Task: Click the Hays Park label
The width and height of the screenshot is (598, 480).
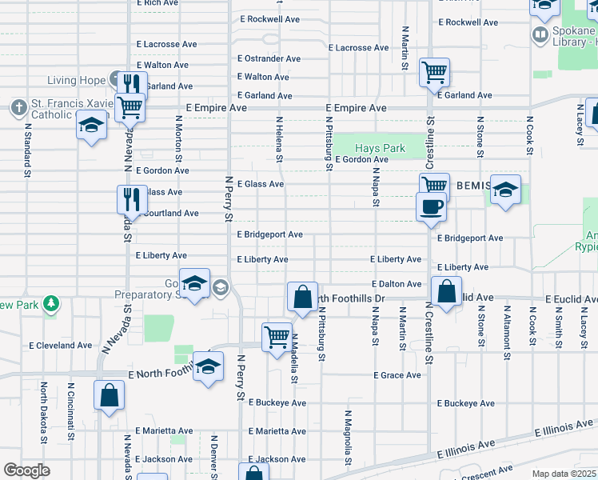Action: [x=380, y=148]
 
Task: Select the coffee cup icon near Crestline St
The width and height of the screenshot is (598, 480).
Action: [x=431, y=206]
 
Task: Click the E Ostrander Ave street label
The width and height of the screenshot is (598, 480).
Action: [x=269, y=58]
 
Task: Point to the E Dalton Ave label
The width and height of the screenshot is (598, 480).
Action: [x=397, y=284]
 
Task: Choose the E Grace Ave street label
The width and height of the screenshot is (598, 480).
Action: [x=397, y=375]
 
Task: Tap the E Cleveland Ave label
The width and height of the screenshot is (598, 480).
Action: [x=61, y=346]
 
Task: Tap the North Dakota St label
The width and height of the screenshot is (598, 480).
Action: [x=43, y=413]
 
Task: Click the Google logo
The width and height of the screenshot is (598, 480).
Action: [x=26, y=470]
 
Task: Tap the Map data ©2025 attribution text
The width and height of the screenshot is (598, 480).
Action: [x=564, y=474]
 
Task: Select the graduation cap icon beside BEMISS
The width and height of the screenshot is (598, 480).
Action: [x=505, y=190]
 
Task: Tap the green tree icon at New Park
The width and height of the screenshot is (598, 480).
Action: [x=51, y=303]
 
